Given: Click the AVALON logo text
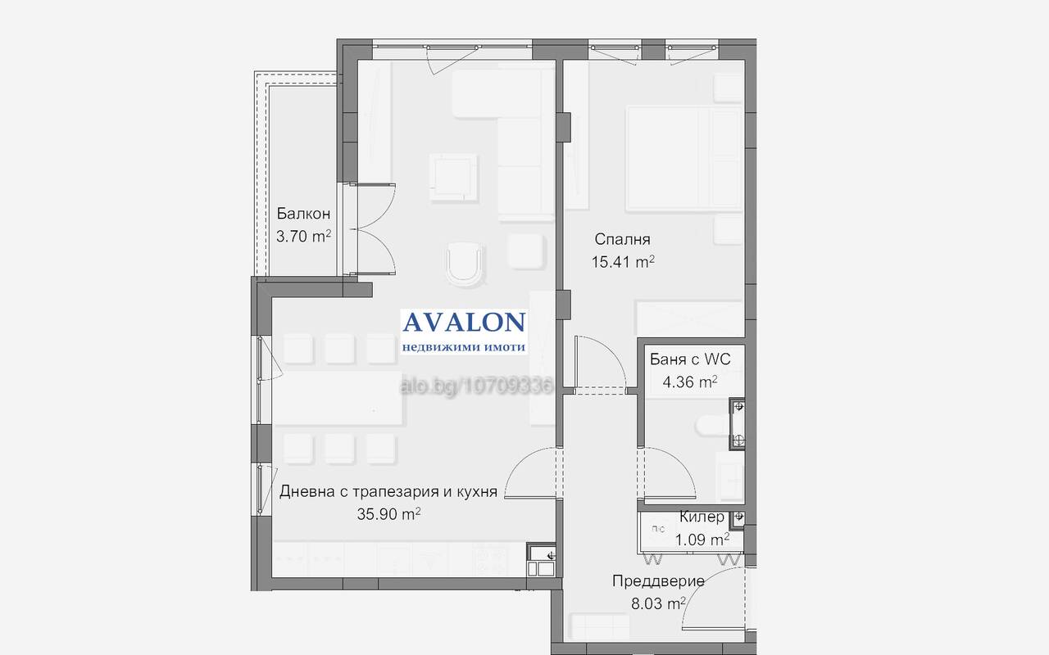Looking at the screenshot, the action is point(464,323).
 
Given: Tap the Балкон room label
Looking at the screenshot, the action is point(303,214).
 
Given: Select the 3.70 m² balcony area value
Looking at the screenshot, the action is point(303,237).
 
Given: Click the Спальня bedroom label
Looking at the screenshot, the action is point(622,240).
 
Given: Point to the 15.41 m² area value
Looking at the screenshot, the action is point(623,262).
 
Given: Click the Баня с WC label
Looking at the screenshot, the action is point(690,359).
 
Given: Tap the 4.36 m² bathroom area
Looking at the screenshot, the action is point(690,382).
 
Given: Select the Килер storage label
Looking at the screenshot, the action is point(702,517).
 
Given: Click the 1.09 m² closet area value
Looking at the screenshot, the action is point(702,540).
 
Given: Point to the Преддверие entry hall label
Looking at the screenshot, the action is point(658,581).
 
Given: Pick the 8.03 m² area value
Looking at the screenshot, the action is point(658,603).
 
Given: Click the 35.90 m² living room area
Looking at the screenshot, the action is point(388,514).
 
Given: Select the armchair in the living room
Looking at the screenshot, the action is point(464,264).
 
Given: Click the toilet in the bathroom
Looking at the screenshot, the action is point(712,426).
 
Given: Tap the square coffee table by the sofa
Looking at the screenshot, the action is point(453,178).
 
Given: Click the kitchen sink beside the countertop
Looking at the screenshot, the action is point(541,559).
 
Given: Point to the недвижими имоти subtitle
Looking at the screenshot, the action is point(464,347).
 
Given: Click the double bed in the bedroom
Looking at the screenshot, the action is point(684,158).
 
